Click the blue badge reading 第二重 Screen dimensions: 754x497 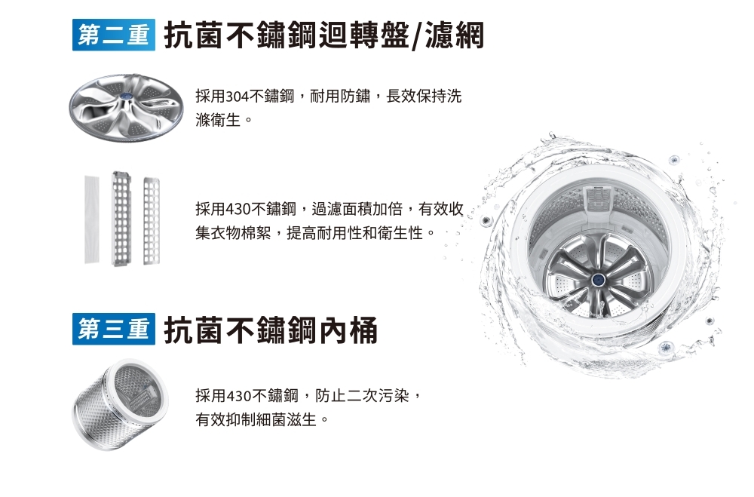click(114, 35)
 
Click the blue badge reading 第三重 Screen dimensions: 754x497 click(114, 329)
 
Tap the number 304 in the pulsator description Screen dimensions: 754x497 click(237, 97)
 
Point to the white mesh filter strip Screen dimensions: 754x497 click(92, 219)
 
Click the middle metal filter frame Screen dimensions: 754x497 click(121, 219)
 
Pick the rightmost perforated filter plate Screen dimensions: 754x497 click(152, 221)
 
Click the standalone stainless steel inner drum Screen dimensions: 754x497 click(120, 405)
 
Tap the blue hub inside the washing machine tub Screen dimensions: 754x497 click(598, 279)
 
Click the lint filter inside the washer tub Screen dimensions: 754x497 click(597, 198)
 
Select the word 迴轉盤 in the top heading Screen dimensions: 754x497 click(363, 35)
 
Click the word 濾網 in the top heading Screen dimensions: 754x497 click(454, 35)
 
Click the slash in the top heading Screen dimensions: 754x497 click(417, 35)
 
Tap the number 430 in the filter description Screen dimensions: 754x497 click(238, 210)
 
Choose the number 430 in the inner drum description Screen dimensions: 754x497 click(238, 396)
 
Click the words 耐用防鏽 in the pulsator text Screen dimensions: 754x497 click(340, 97)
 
